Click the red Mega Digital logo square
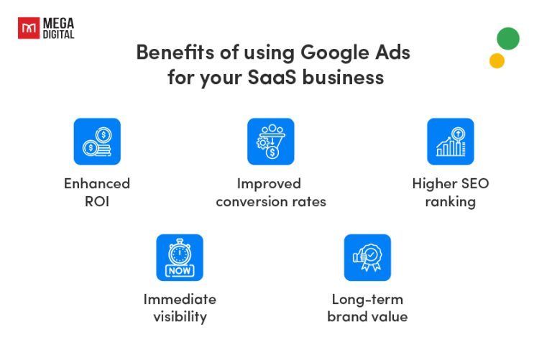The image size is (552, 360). [28, 29]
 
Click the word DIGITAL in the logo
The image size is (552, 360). [59, 34]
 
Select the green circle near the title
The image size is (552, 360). [507, 38]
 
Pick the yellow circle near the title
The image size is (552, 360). [497, 61]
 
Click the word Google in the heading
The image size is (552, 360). [334, 52]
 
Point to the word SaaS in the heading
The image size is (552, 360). [290, 77]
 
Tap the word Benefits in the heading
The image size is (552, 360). [170, 52]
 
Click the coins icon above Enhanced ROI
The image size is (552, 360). [97, 142]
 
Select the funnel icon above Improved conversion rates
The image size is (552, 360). [271, 142]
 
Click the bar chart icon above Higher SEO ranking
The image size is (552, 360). [451, 142]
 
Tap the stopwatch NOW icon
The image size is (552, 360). [180, 257]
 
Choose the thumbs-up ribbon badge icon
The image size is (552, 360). [367, 257]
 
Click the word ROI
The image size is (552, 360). [97, 201]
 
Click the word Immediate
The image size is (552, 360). [180, 299]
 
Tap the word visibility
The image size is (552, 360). [180, 317]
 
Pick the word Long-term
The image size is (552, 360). [367, 299]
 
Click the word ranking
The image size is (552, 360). [451, 201]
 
